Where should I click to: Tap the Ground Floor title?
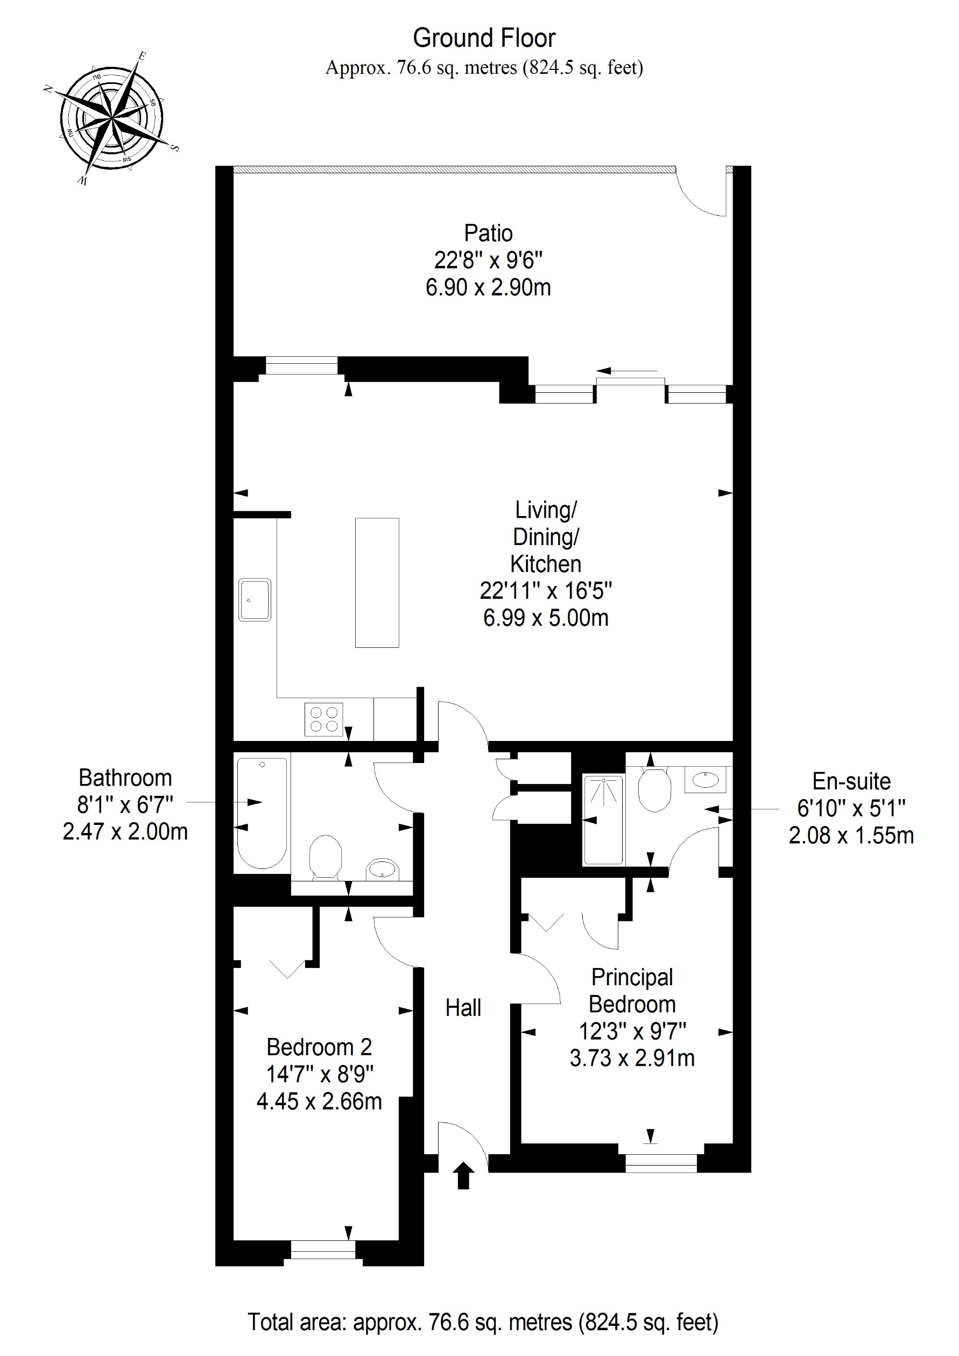(484, 38)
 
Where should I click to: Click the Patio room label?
(488, 234)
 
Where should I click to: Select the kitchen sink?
(255, 599)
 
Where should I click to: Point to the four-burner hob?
(323, 719)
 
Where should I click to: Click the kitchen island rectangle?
(377, 582)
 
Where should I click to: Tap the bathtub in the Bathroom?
(262, 814)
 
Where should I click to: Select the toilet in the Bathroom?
(326, 856)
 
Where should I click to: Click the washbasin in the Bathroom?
(383, 869)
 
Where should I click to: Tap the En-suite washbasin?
(706, 780)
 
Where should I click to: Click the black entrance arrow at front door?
(463, 1175)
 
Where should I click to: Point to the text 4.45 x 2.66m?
(320, 1101)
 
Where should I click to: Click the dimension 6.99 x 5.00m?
(545, 618)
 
